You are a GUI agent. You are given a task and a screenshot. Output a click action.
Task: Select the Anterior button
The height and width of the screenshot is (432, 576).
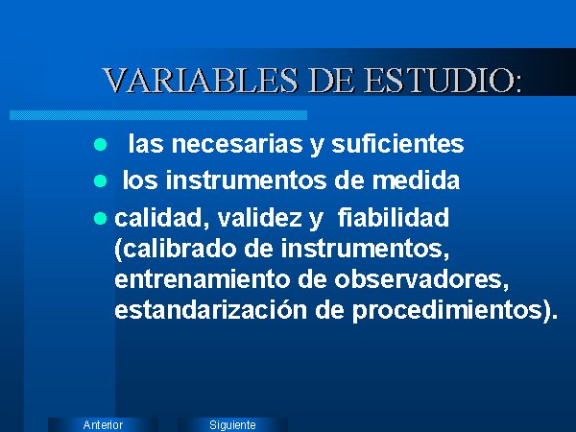coord(103,424)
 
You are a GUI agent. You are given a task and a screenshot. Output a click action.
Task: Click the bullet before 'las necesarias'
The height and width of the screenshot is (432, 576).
coord(100,144)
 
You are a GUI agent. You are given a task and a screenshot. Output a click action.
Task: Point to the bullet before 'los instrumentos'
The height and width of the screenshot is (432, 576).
coord(100,181)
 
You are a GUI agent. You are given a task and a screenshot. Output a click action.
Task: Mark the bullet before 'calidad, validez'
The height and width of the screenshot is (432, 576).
coord(100,218)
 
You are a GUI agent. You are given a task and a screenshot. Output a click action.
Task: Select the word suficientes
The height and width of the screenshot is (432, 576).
coord(397,143)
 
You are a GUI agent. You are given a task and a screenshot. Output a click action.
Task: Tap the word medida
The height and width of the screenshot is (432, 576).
coord(416,180)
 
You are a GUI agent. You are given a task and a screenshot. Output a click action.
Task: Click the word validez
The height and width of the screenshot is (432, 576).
coord(260,217)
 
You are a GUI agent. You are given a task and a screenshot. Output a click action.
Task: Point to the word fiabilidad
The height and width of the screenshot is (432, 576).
coord(393,217)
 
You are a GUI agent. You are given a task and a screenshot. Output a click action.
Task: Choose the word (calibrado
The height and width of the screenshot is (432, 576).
coord(176,249)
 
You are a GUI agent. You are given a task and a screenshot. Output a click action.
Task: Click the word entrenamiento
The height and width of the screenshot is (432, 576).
coord(203,279)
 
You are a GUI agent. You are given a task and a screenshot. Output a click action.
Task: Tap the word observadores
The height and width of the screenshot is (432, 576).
coord(421,280)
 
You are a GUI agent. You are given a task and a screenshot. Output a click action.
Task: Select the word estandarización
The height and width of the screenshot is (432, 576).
coord(211,310)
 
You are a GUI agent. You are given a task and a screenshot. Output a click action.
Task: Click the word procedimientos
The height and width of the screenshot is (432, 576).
coord(447,311)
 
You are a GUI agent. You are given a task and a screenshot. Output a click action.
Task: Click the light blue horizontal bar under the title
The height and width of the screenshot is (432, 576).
coord(158,115)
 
